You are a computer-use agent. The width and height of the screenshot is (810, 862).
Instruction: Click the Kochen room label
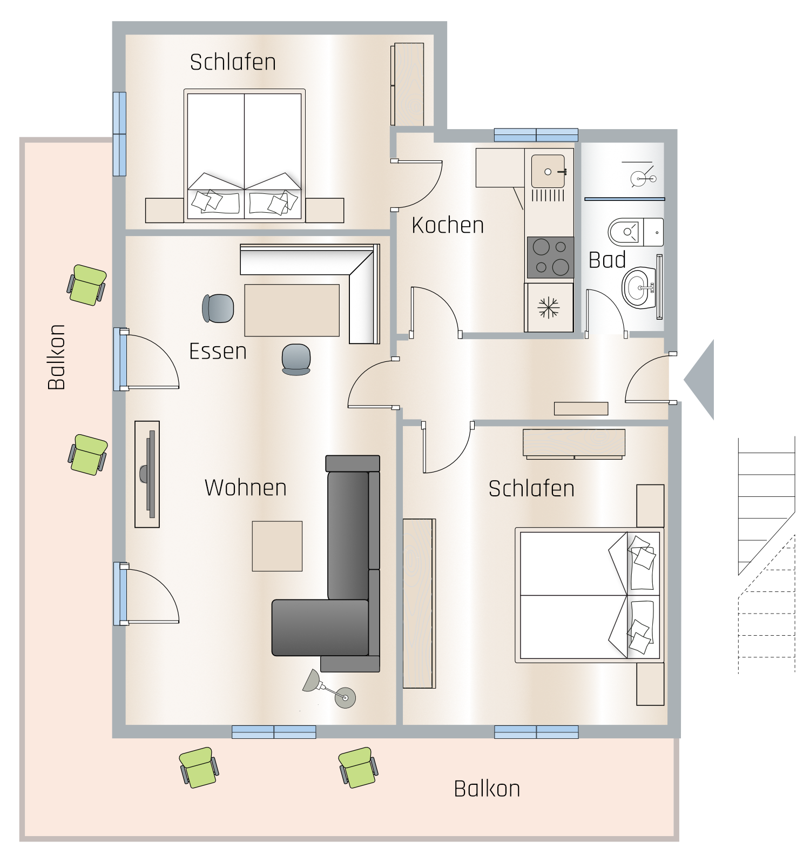click(448, 225)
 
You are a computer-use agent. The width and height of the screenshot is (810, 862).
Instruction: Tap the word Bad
click(607, 260)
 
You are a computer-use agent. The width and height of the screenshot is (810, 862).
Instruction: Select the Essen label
click(218, 352)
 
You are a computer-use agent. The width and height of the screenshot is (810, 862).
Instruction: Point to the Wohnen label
click(246, 488)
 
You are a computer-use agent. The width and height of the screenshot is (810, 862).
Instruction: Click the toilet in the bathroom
click(636, 232)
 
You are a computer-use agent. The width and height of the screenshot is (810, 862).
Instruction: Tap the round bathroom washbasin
click(639, 288)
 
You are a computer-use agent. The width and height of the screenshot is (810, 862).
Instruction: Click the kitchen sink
click(548, 171)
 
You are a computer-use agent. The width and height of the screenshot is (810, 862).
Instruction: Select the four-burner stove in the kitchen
click(550, 257)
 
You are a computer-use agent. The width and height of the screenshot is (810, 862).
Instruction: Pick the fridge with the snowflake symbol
click(549, 307)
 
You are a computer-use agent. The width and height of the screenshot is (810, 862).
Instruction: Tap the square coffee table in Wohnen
click(277, 546)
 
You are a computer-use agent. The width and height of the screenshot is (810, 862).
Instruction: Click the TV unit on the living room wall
click(147, 474)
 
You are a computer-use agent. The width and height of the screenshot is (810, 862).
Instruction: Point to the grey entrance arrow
click(699, 380)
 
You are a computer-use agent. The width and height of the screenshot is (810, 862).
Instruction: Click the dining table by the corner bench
click(292, 311)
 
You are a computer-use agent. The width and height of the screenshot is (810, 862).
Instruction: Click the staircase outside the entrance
click(767, 555)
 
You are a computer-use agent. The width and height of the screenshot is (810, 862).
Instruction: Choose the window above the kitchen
click(536, 135)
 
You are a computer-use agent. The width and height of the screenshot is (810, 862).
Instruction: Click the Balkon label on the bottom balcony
click(487, 789)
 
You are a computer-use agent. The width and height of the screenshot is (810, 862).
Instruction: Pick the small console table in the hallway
click(581, 408)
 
